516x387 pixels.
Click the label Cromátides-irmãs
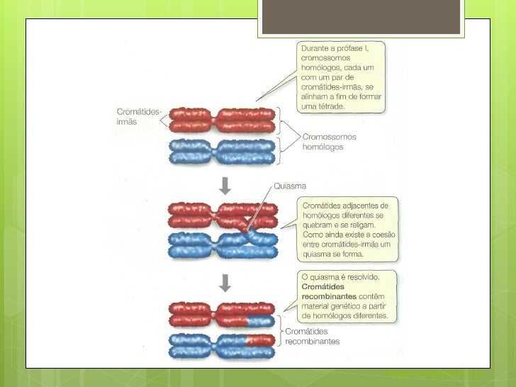click(138, 117)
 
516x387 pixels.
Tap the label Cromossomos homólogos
click(330, 142)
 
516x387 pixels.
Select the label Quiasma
click(290, 186)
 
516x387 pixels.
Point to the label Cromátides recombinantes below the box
click(312, 335)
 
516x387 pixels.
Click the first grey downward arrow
click(225, 186)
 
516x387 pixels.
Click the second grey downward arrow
click(225, 284)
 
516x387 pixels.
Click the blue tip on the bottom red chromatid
click(260, 321)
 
